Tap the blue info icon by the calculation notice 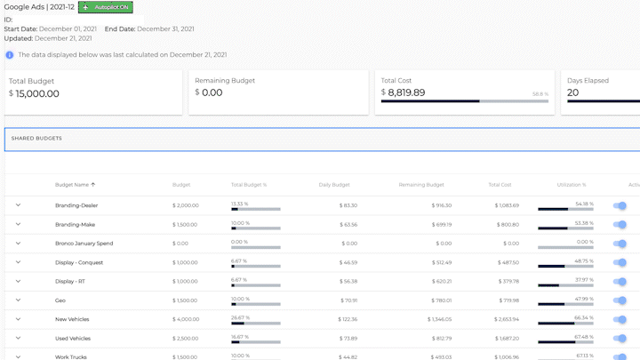click(x=9, y=54)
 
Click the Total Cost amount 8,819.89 click(x=406, y=92)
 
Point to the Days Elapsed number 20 click(x=572, y=92)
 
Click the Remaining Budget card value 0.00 click(x=212, y=92)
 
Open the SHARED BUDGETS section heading click(x=36, y=139)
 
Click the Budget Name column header click(x=75, y=185)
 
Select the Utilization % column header click(x=571, y=185)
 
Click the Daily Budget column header click(x=334, y=185)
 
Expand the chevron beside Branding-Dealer click(x=18, y=205)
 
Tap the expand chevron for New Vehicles click(x=18, y=318)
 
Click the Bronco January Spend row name click(x=84, y=243)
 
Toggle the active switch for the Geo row click(x=620, y=300)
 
